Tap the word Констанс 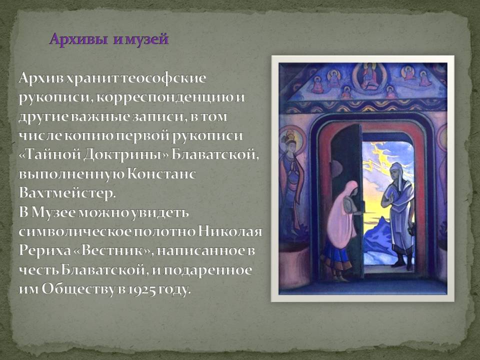(161, 174)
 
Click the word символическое (75, 231)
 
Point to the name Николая (230, 231)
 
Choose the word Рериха (44, 250)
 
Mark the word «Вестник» (113, 250)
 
